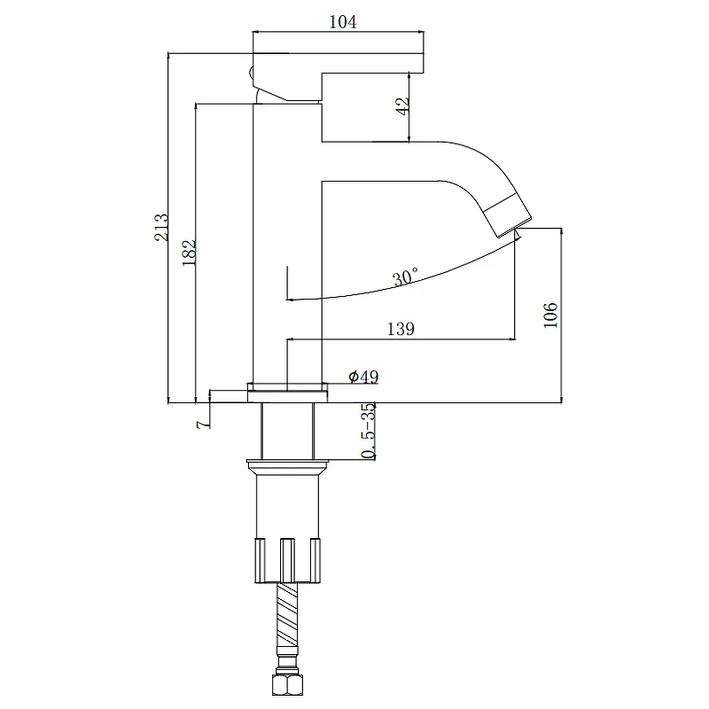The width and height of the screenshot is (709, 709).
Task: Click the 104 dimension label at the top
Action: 343,21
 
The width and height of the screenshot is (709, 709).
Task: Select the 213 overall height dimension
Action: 161,228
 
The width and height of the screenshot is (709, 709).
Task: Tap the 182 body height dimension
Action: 190,253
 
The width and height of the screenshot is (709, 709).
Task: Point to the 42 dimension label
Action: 402,105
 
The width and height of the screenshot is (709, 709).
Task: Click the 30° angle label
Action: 405,277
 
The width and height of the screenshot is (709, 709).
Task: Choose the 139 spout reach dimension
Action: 401,329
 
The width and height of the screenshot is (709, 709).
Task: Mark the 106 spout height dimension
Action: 550,316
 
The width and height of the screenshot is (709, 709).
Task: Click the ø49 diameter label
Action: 363,376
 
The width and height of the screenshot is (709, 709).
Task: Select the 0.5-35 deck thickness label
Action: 369,431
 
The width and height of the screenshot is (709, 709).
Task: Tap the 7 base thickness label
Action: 204,424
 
